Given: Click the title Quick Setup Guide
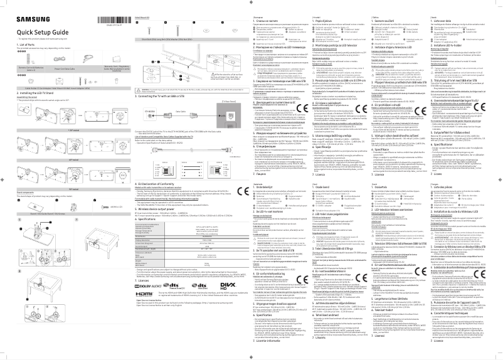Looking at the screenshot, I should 38,31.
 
